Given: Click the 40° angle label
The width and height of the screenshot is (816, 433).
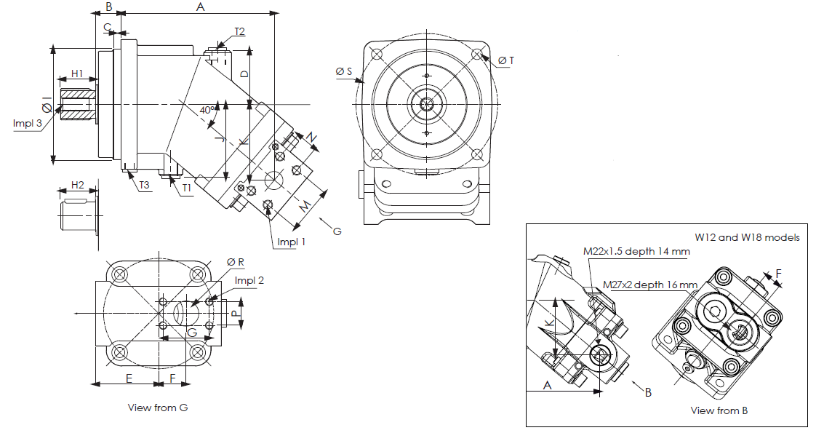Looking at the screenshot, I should point(209,110).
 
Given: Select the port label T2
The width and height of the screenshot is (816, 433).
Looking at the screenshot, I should point(239,31).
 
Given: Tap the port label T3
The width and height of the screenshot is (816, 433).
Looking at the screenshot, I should point(144,186).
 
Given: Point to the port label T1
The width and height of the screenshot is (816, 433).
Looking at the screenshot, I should point(187,188).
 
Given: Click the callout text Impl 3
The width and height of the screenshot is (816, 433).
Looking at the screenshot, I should point(26,122).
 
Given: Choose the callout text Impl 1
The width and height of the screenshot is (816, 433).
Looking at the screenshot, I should point(291,242).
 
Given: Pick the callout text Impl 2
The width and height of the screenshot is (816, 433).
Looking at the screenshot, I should point(249,280).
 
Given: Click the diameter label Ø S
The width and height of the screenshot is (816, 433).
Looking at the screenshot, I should point(344,71).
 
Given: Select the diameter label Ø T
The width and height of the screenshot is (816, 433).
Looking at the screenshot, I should point(506,60).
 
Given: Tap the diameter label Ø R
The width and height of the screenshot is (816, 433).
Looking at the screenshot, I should point(236,261).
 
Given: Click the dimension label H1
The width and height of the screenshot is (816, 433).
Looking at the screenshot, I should point(77,74).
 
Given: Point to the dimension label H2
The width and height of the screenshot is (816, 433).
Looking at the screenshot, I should point(77,183).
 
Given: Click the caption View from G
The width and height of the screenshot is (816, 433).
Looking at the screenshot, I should point(158,408).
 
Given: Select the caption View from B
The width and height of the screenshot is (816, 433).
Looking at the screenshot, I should point(719,410).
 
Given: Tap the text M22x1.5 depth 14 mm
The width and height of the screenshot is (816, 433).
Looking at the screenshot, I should point(636,251).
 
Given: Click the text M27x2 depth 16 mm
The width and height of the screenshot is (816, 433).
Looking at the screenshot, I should point(649,285).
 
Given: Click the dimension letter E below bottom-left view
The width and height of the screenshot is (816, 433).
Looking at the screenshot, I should point(128,378).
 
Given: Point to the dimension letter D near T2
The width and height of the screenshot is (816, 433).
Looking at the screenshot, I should point(245,74).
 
